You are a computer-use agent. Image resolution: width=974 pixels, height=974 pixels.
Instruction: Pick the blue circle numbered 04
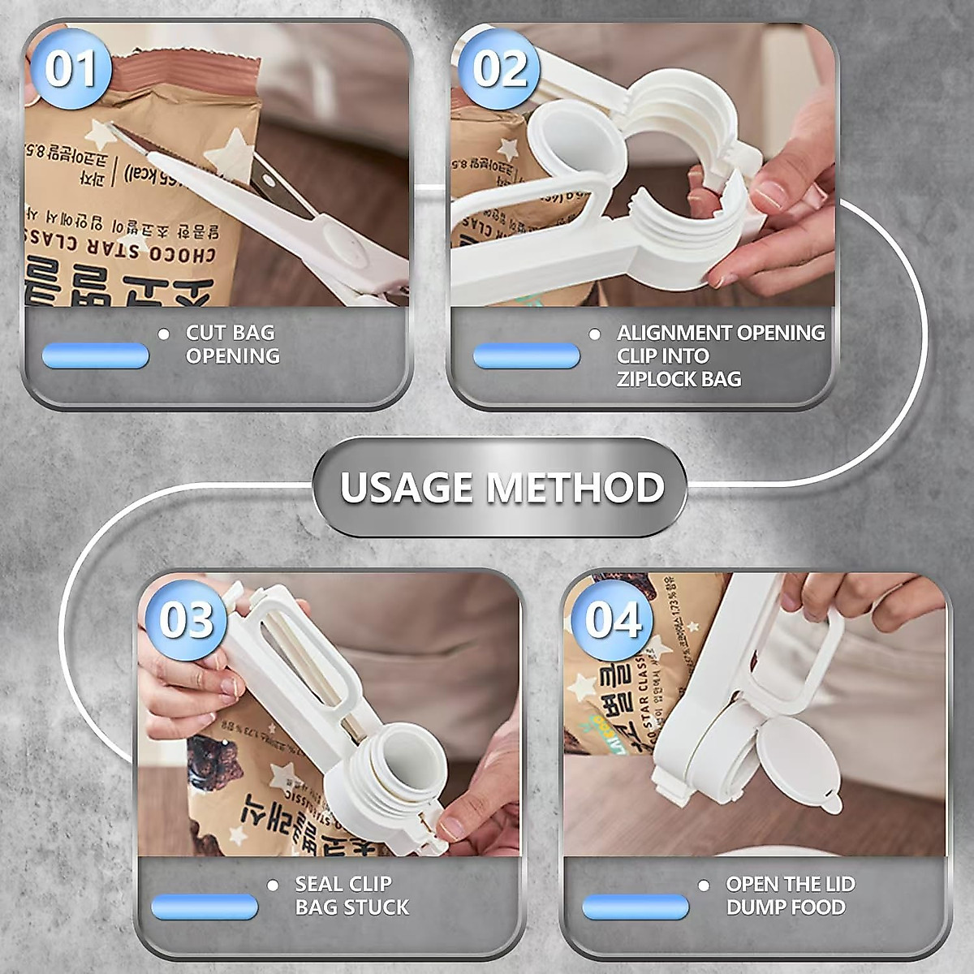pos(612,621)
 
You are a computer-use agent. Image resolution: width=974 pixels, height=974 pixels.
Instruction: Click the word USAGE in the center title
pos(406,488)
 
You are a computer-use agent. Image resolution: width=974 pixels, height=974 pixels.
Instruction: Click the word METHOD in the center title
pos(575,488)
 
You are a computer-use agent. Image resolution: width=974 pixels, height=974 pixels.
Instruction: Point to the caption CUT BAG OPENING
pos(232,344)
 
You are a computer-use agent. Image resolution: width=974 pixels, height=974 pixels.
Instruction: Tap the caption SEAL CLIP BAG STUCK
pos(351,895)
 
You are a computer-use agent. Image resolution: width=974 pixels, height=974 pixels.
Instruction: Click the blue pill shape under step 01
pos(95,355)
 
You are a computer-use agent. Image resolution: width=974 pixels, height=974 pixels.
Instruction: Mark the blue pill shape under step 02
pos(526,356)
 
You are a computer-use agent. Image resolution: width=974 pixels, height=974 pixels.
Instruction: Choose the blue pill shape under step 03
pos(204,907)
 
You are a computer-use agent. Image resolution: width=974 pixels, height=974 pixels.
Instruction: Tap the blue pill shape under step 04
pos(635,907)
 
